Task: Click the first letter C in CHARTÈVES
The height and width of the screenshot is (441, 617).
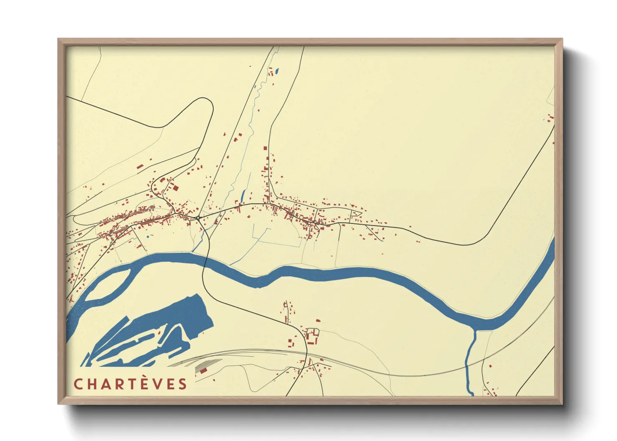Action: [x=78, y=384]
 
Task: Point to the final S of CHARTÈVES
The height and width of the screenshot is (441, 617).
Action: [x=183, y=384]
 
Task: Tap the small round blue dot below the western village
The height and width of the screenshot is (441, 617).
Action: [x=148, y=237]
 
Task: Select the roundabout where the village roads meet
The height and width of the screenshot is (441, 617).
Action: [x=197, y=217]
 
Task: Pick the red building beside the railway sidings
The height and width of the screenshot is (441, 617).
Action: [x=203, y=370]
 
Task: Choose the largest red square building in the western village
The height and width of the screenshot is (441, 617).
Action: [x=175, y=188]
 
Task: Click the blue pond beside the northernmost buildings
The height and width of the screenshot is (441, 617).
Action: [x=277, y=70]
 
